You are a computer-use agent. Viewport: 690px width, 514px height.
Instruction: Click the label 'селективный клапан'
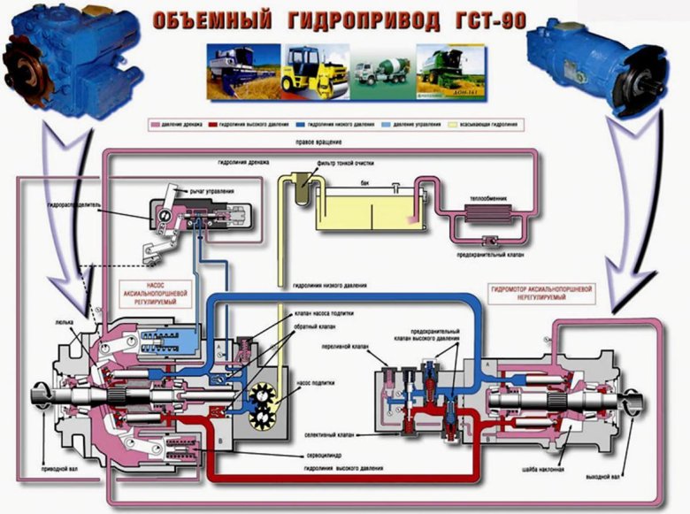point(332,435)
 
